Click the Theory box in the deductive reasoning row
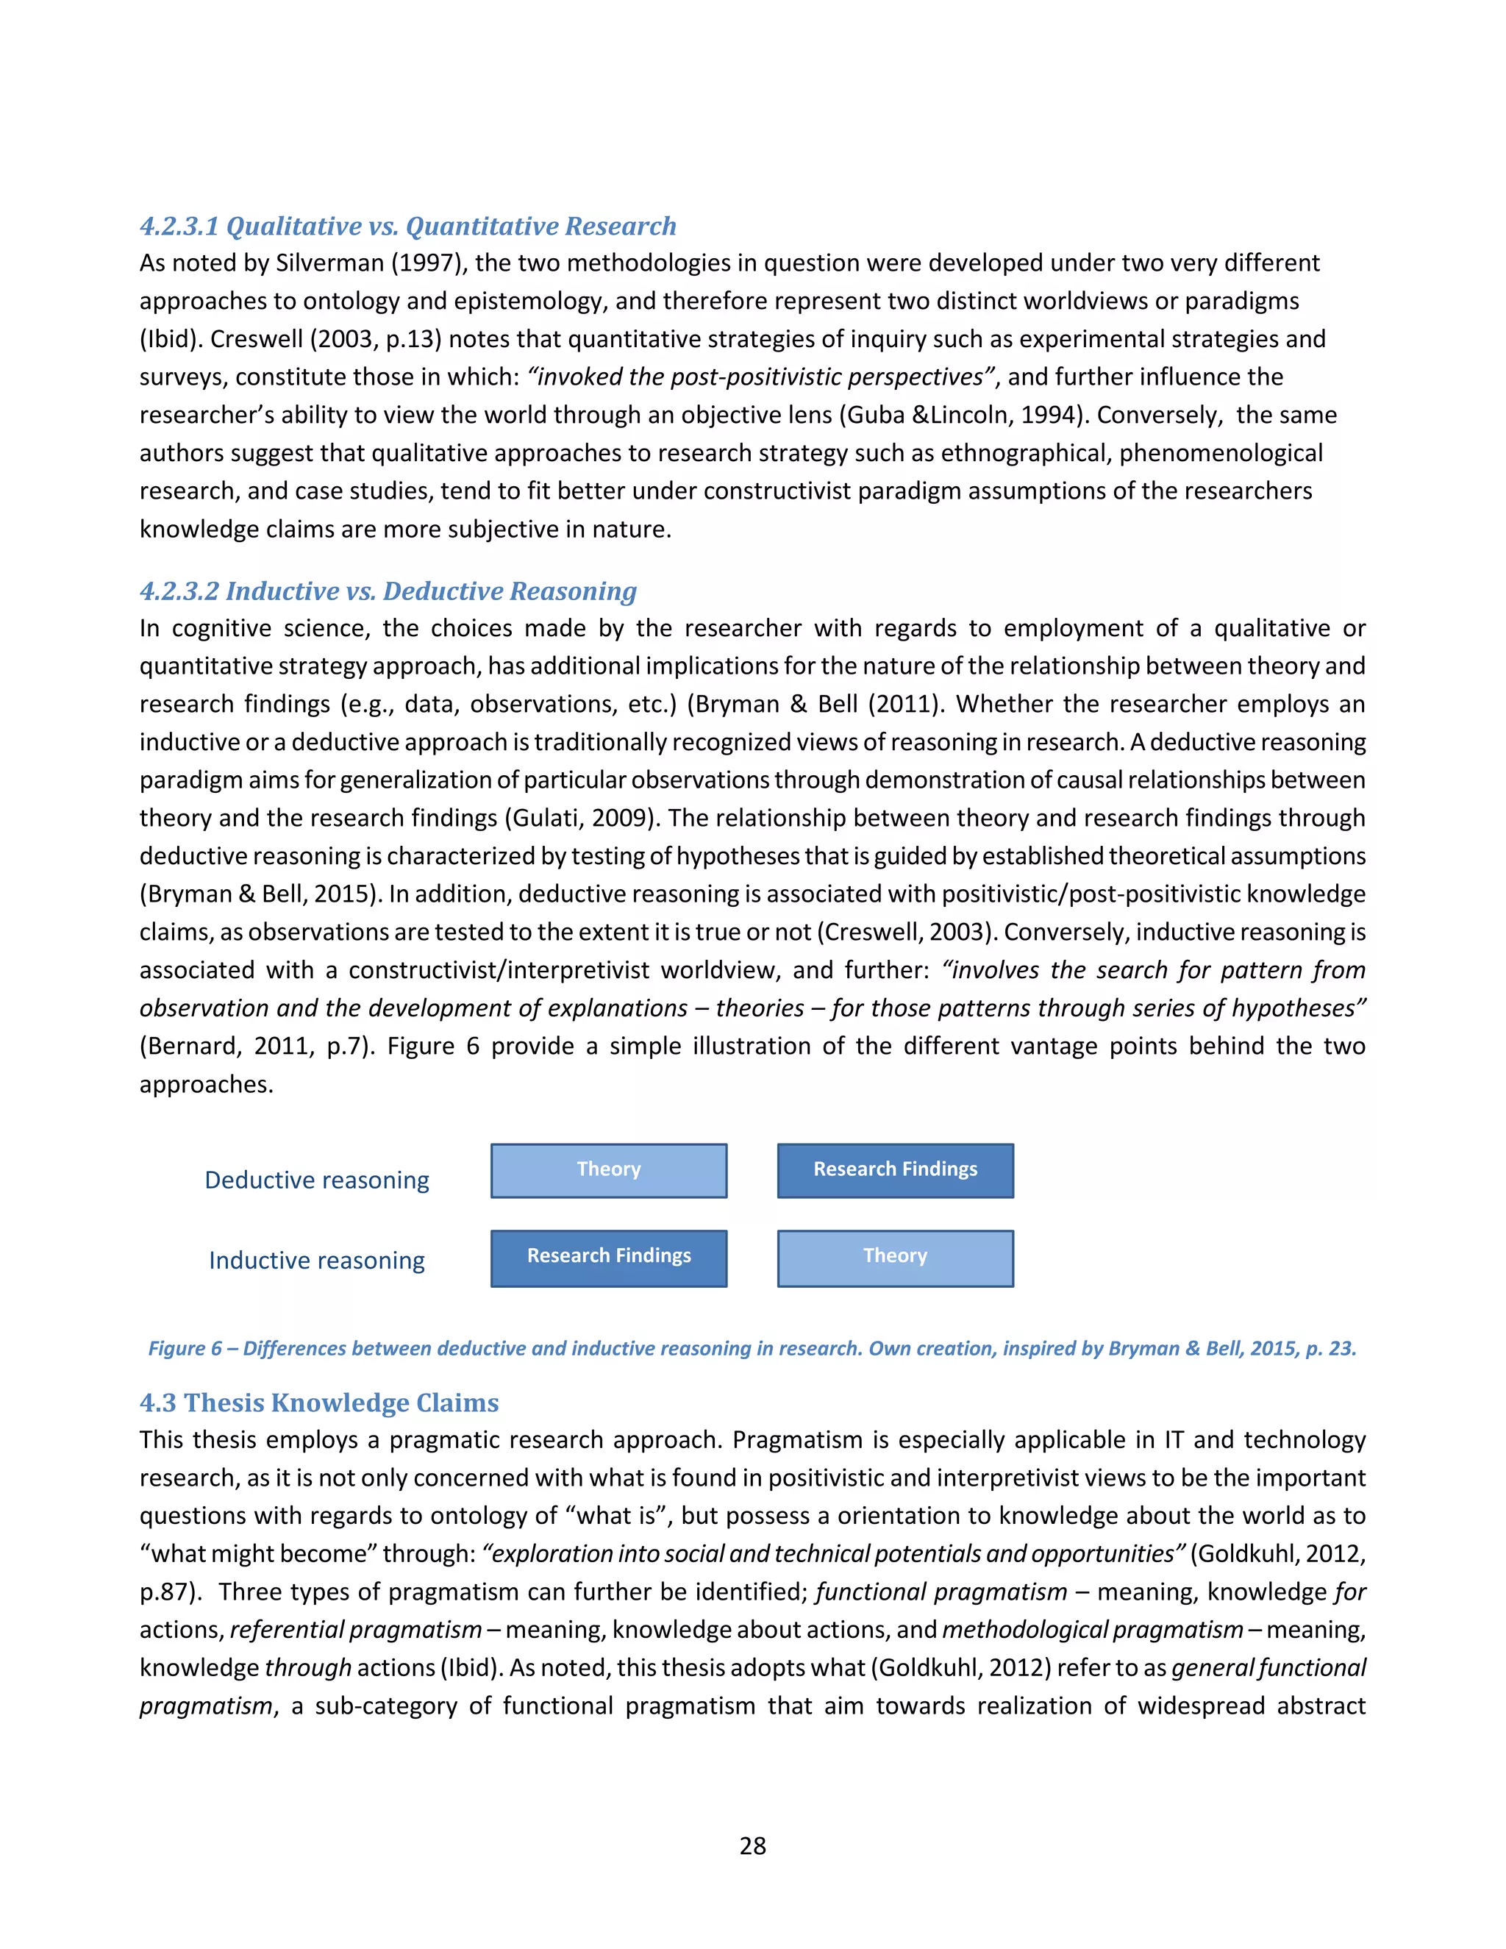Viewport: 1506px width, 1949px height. point(608,1170)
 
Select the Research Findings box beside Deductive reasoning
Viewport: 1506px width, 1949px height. point(895,1170)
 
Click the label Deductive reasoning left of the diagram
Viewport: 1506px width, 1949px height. point(317,1180)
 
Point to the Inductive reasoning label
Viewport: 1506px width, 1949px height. point(317,1260)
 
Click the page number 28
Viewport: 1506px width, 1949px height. point(752,1845)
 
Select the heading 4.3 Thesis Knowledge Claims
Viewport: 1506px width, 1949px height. point(318,1403)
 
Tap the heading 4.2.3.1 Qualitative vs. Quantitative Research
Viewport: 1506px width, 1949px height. point(407,226)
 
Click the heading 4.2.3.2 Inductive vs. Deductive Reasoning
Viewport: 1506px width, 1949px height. point(388,591)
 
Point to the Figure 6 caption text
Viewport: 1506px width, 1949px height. point(752,1348)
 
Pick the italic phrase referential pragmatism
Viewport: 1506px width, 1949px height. point(355,1630)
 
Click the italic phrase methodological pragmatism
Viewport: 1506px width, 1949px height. point(1092,1630)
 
